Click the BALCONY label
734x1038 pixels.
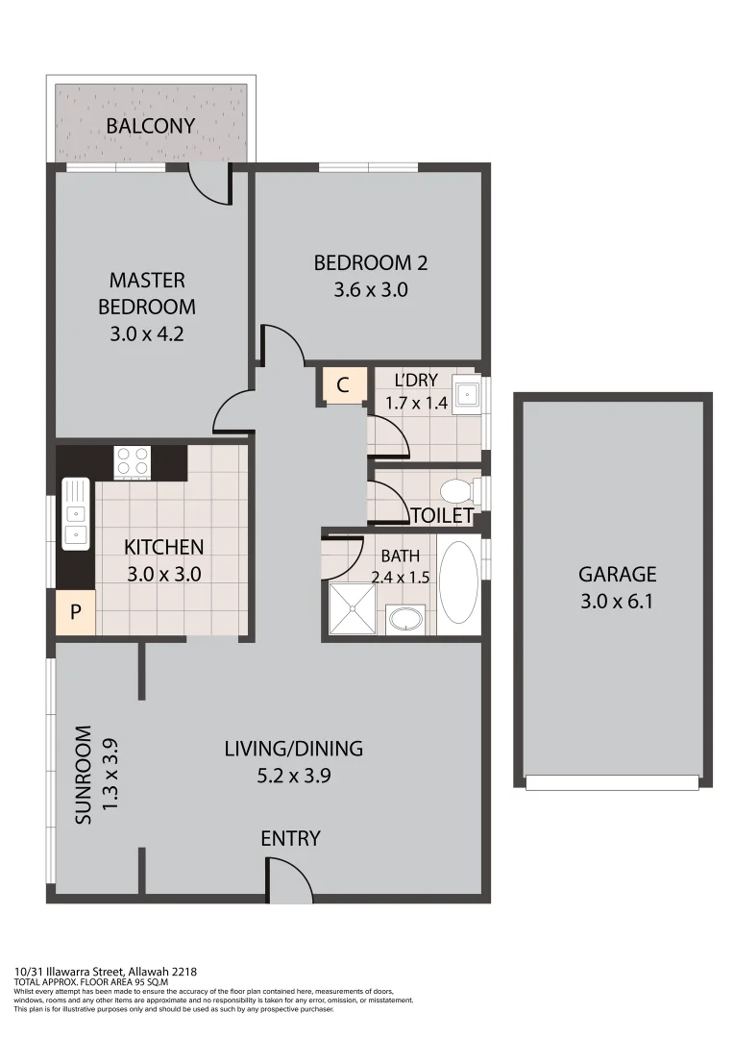pos(151,126)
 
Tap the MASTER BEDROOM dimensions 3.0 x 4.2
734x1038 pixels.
pos(146,335)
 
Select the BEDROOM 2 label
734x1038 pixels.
pos(371,262)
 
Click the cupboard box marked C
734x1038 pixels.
pos(342,385)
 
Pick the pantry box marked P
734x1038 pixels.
pos(75,611)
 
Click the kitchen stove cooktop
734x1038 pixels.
pos(132,462)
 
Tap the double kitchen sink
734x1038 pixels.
pos(75,514)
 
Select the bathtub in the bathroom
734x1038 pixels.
pos(458,583)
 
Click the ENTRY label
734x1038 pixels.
pos(290,839)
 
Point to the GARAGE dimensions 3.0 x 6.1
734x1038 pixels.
pos(617,603)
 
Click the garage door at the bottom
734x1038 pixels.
pos(612,783)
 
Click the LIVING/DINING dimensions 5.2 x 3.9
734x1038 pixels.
pos(294,777)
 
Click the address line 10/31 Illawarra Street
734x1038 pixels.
pos(106,972)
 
